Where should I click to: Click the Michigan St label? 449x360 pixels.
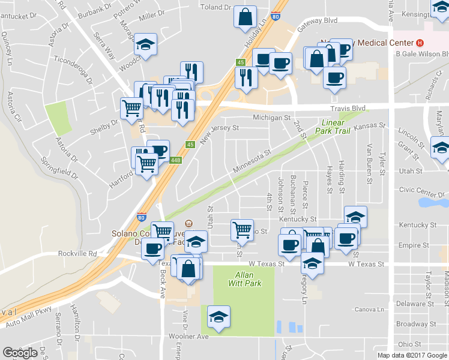tap(271, 118)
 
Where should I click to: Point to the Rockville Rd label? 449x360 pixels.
tap(77, 253)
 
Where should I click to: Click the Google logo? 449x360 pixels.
tap(20, 353)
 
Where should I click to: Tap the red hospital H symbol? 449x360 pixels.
tap(420, 43)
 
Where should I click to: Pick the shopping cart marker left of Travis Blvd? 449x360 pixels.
tap(131, 108)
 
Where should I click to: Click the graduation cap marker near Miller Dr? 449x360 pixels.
tap(145, 45)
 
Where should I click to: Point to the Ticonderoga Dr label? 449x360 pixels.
tap(74, 70)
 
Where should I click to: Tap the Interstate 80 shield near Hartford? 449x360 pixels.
tap(142, 216)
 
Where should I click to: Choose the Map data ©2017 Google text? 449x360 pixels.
tap(412, 355)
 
